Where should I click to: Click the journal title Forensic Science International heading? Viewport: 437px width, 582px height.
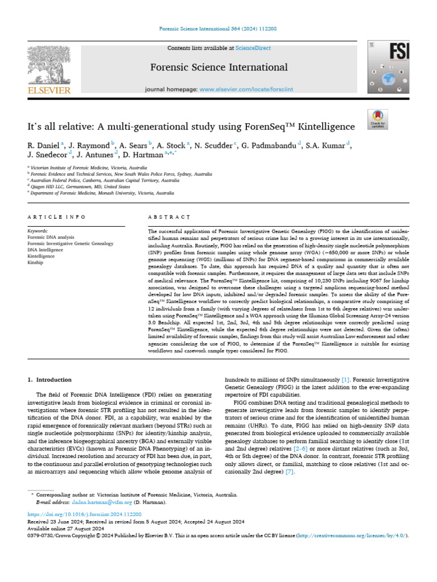point(218,68)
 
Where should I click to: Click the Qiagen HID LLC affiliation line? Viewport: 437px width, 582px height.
point(80,186)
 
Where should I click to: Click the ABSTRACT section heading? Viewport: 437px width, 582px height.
point(168,217)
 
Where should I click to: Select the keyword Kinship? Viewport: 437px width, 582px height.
point(36,263)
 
